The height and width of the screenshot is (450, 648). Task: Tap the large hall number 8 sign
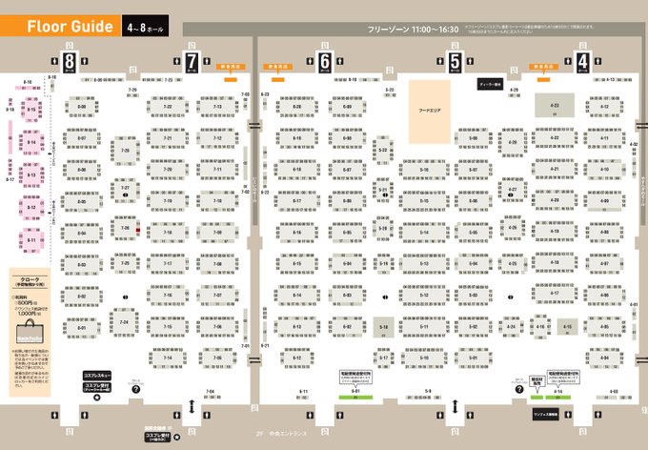click(71, 64)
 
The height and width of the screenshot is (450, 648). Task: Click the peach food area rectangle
click(431, 111)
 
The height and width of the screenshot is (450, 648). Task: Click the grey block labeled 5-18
click(385, 328)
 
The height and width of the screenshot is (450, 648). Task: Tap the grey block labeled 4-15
click(567, 328)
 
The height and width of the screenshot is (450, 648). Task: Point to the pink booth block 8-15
click(31, 112)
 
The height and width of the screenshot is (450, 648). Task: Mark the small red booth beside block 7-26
click(139, 230)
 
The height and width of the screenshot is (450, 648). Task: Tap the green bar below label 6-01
click(354, 397)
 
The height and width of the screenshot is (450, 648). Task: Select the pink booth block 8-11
click(31, 240)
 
